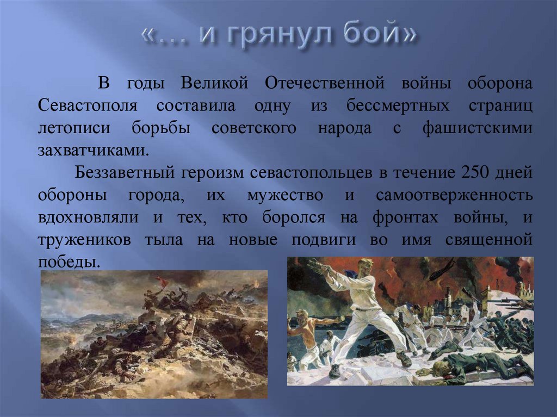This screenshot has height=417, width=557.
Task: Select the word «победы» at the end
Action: click(69, 262)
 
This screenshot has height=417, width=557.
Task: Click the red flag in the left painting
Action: click(161, 281)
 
